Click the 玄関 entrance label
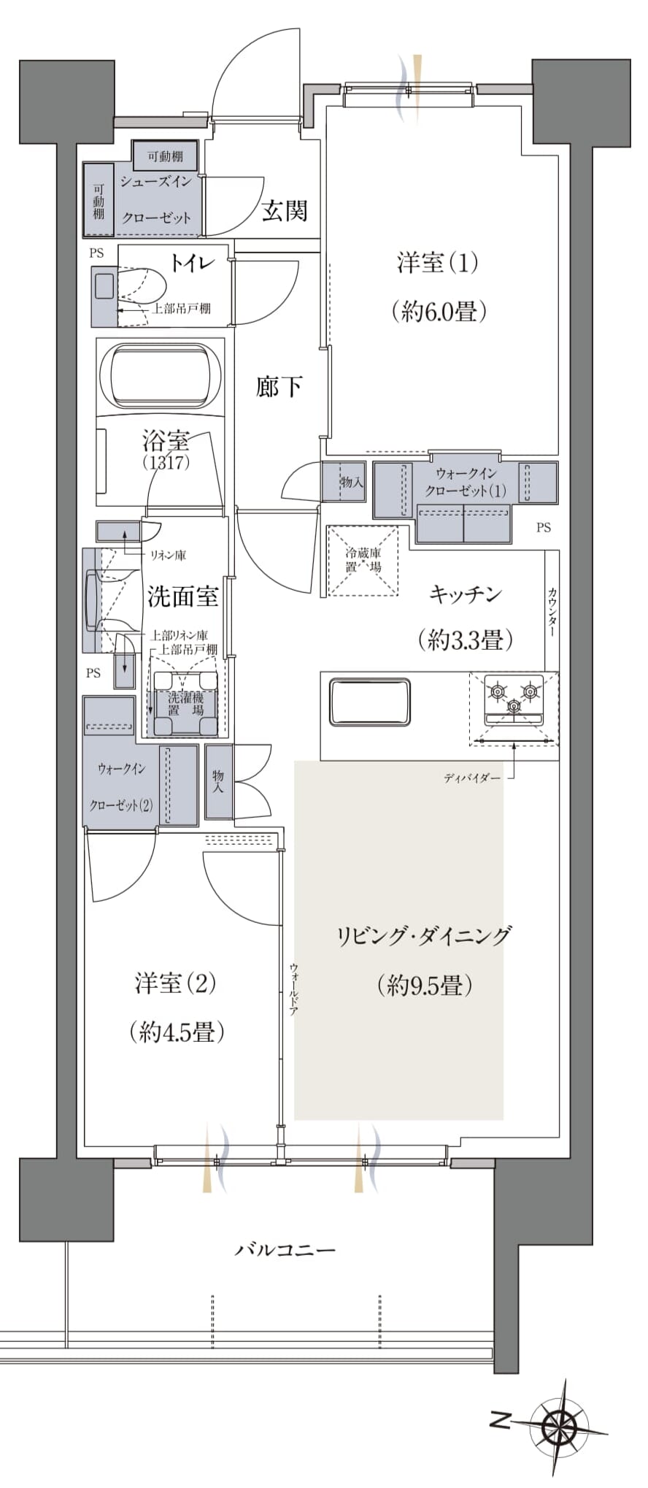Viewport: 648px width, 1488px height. [285, 211]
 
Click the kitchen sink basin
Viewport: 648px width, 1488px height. [369, 702]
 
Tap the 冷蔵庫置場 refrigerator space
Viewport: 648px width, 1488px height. [363, 560]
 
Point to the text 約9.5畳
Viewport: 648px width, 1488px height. [425, 986]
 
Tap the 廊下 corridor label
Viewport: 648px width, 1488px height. [279, 386]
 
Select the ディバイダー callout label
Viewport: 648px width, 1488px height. [472, 778]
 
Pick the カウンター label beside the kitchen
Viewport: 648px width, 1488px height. [552, 612]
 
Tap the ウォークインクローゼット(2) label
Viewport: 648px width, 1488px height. [121, 787]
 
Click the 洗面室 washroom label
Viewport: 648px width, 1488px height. [182, 597]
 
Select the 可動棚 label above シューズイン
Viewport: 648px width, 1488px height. [165, 156]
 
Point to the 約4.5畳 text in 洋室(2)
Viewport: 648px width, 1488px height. [177, 1032]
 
